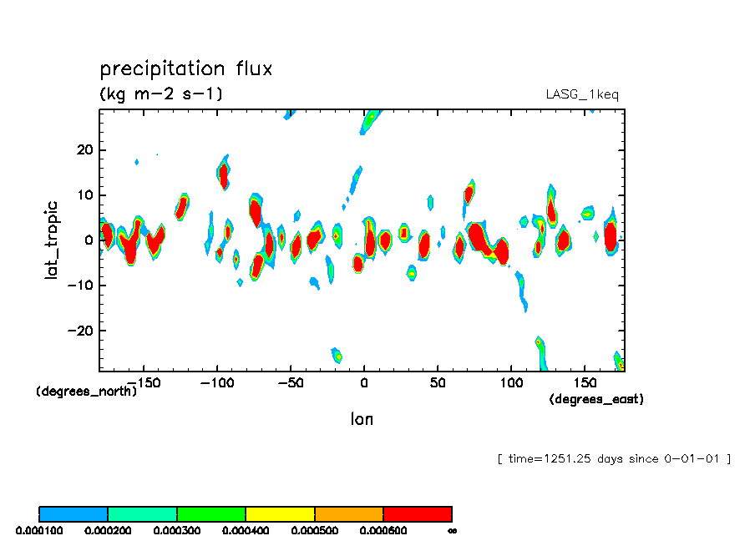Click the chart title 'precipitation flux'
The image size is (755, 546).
(185, 68)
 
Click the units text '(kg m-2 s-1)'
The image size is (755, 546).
(161, 94)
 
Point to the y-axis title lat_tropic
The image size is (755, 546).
(53, 239)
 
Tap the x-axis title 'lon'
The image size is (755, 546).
(362, 419)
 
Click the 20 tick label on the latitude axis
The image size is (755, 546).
(83, 150)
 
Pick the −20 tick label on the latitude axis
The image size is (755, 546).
(79, 331)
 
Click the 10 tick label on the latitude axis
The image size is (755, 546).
(83, 195)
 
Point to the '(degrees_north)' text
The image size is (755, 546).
(87, 391)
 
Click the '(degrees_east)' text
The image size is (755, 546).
(596, 399)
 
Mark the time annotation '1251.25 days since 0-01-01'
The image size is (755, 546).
(614, 458)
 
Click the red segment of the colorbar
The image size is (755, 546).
(418, 513)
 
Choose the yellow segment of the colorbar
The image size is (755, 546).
(280, 513)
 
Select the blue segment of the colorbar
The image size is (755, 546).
(73, 513)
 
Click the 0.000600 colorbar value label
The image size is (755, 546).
(382, 530)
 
